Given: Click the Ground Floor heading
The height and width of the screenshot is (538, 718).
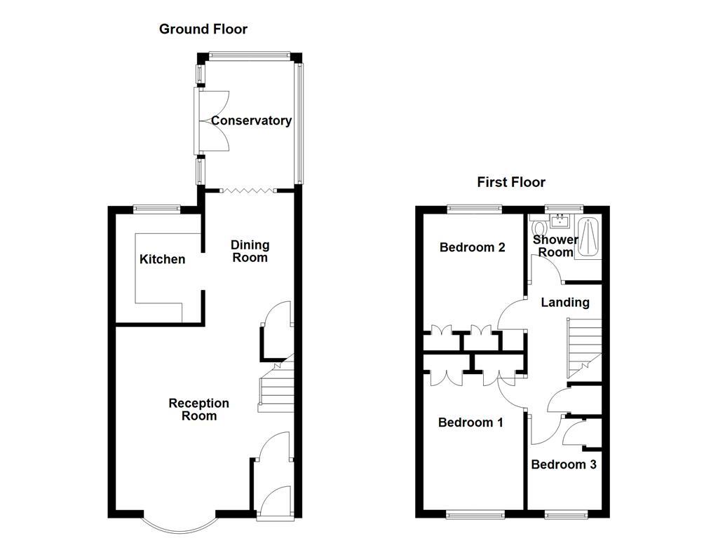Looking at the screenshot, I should [x=203, y=29].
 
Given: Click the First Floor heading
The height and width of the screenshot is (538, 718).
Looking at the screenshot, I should [x=510, y=182].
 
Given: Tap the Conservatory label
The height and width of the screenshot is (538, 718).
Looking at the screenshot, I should [x=251, y=120].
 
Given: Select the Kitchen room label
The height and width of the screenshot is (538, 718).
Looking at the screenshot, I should [x=162, y=259].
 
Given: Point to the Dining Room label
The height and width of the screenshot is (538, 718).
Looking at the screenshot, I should [x=250, y=251].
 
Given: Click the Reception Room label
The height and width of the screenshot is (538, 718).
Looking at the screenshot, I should [x=198, y=409].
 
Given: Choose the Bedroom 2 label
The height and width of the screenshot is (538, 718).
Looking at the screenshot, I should [x=472, y=247].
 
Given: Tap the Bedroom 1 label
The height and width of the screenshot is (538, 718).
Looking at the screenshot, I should [x=470, y=422].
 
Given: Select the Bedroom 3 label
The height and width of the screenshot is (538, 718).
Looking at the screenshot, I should [x=563, y=464].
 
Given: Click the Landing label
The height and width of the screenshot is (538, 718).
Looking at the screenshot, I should [x=565, y=303].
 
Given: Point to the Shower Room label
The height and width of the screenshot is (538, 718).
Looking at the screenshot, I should [x=555, y=246].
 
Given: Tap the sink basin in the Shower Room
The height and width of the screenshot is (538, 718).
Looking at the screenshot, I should [x=560, y=223].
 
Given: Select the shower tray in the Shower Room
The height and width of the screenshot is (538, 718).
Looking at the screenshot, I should [x=588, y=238].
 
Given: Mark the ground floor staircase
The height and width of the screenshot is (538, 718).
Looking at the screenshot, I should [x=275, y=389].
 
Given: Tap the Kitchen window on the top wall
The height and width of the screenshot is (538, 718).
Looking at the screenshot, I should [x=157, y=207].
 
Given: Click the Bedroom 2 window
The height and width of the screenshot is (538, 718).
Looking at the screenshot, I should [x=475, y=207].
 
